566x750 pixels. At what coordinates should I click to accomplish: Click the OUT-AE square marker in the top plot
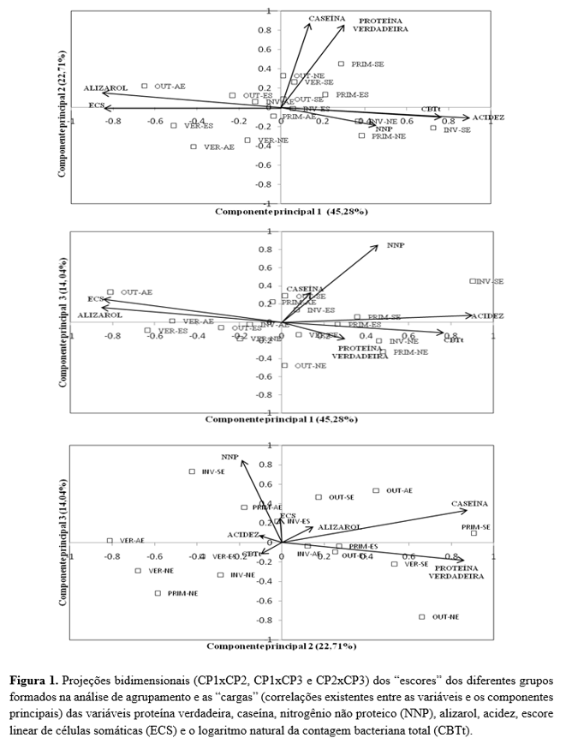pyautogui.click(x=145, y=86)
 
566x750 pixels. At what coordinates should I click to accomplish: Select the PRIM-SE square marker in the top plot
pyautogui.click(x=341, y=63)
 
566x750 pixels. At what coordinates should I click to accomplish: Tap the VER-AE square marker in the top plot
pyautogui.click(x=194, y=147)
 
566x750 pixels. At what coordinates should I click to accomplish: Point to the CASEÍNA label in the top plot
pyautogui.click(x=326, y=18)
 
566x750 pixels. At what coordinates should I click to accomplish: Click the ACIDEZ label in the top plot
pyautogui.click(x=488, y=117)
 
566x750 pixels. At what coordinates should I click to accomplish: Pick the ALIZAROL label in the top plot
pyautogui.click(x=104, y=88)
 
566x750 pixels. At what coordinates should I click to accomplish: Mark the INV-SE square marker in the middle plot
pyautogui.click(x=473, y=281)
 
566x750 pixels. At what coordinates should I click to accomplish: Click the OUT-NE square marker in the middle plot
pyautogui.click(x=285, y=366)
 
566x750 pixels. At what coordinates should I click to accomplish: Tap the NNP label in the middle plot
pyautogui.click(x=395, y=244)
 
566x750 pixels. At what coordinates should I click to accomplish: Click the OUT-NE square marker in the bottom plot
pyautogui.click(x=422, y=617)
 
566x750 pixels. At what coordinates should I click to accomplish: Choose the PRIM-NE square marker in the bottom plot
pyautogui.click(x=158, y=593)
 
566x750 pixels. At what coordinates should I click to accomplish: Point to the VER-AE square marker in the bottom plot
pyautogui.click(x=110, y=541)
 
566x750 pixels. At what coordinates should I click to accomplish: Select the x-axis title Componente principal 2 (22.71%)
pyautogui.click(x=281, y=645)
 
